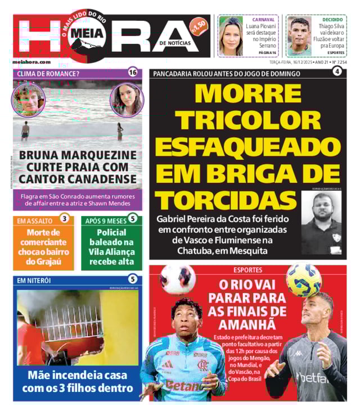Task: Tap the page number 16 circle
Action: point(133,72)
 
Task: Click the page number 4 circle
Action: point(337,71)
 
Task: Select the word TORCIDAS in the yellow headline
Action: point(226,200)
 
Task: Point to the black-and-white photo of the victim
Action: point(321,223)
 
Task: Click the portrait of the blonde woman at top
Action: point(231,35)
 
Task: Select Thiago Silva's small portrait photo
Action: point(299,35)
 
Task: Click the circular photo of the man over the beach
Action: point(28,99)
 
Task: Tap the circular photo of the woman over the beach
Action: point(127,100)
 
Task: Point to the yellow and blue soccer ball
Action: point(303,279)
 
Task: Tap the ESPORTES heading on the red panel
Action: point(247,270)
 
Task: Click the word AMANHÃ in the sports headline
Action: point(247,324)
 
